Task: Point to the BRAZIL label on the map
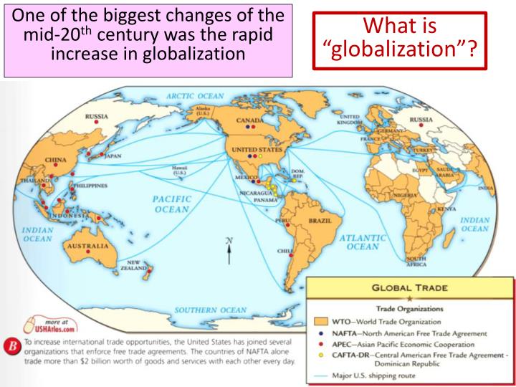pyautogui.click(x=320, y=221)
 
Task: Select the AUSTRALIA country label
pyautogui.click(x=86, y=244)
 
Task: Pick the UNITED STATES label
pyautogui.click(x=252, y=148)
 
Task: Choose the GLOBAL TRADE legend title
pyautogui.click(x=409, y=287)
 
